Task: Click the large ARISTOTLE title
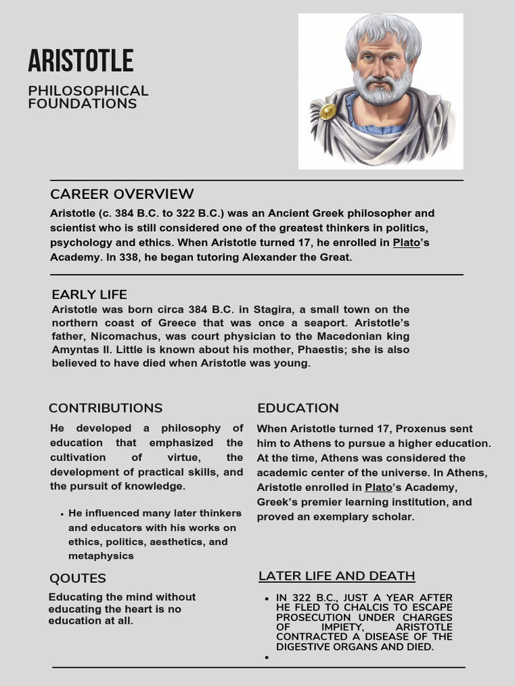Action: (x=80, y=61)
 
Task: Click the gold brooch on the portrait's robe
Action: (x=327, y=111)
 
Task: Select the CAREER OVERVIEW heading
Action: (x=122, y=194)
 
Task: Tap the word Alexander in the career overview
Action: (x=268, y=257)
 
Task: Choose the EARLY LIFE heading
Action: (x=89, y=295)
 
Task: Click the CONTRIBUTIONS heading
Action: (x=105, y=408)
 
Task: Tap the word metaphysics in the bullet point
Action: (x=101, y=556)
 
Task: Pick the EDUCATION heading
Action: (x=298, y=408)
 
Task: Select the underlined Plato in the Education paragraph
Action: (x=378, y=488)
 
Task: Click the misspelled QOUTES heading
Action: (x=78, y=578)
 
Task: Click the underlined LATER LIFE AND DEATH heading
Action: (x=337, y=576)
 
